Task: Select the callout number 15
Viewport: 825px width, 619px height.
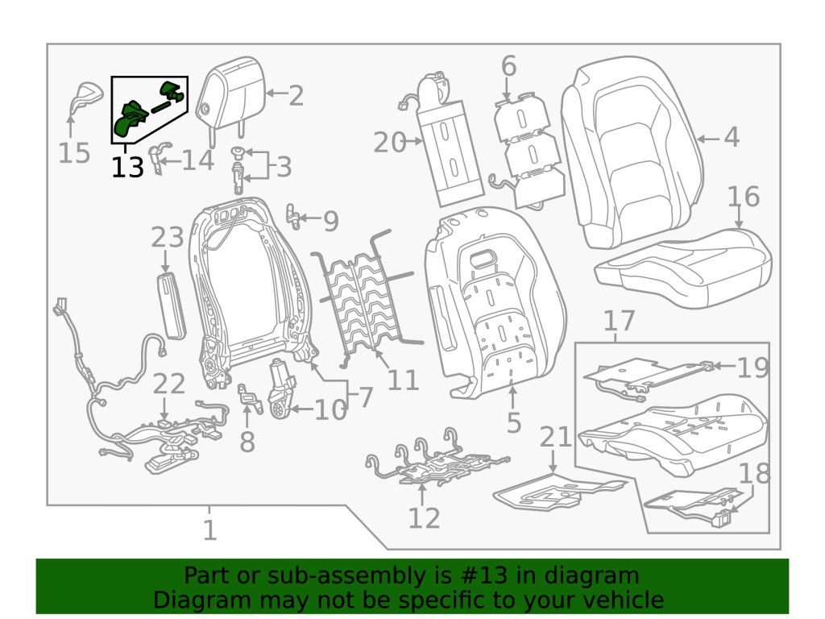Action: point(73,152)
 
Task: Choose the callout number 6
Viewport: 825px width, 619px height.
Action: point(508,66)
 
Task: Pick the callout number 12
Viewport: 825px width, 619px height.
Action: point(424,517)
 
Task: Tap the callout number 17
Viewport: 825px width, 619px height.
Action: point(619,322)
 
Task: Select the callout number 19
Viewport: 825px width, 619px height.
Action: point(752,368)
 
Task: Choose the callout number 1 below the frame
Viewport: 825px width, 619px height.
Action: point(209,530)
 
